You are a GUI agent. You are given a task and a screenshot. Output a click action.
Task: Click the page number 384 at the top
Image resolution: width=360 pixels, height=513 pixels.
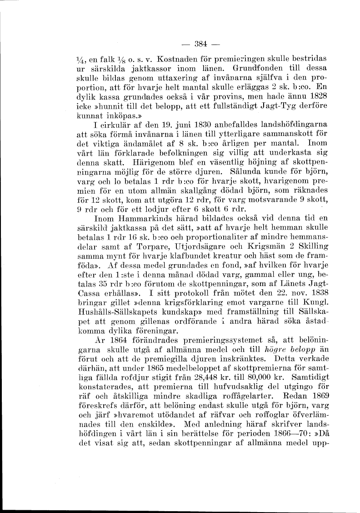pos(200,44)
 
